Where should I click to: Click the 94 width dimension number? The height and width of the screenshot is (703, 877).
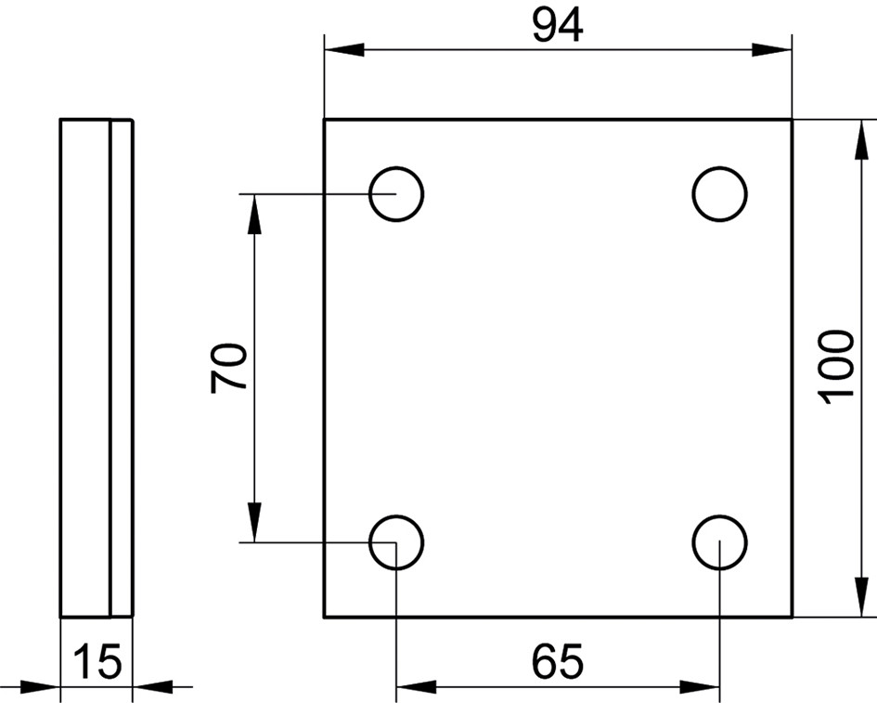[558, 26]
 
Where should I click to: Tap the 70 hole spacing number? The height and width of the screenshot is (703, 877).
[228, 369]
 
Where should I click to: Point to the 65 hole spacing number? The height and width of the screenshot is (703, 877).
[557, 661]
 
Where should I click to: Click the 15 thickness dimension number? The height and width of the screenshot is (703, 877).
[97, 661]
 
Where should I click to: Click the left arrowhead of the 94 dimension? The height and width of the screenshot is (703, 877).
[344, 50]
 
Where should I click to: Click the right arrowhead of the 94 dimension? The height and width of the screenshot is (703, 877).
[772, 50]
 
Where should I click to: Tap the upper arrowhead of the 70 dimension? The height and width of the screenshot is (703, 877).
[254, 215]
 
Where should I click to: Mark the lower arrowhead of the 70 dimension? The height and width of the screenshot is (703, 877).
[254, 522]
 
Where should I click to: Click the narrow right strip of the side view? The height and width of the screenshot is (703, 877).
[122, 369]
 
